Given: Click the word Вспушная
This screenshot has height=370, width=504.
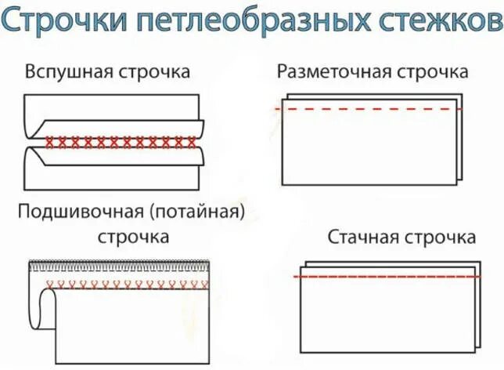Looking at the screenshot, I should pos(69,72).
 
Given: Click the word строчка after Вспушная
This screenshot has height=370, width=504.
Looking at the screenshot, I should pos(154,72).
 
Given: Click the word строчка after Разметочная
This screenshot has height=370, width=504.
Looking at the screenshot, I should pos(431,72).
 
